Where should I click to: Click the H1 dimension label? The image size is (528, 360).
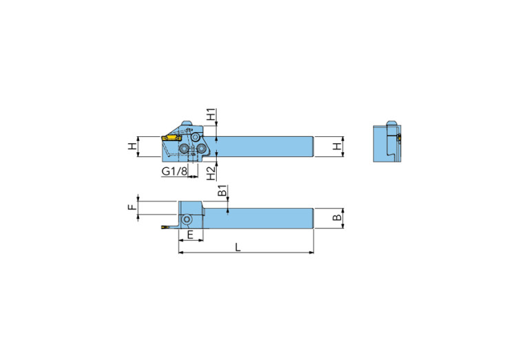pyautogui.click(x=212, y=114)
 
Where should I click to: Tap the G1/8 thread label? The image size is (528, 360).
pyautogui.click(x=173, y=171)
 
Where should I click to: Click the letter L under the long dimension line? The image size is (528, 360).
pyautogui.click(x=238, y=247)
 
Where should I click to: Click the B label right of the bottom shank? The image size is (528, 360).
pyautogui.click(x=337, y=218)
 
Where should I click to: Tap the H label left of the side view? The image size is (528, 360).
pyautogui.click(x=131, y=147)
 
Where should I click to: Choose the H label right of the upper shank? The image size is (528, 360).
pyautogui.click(x=337, y=147)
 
